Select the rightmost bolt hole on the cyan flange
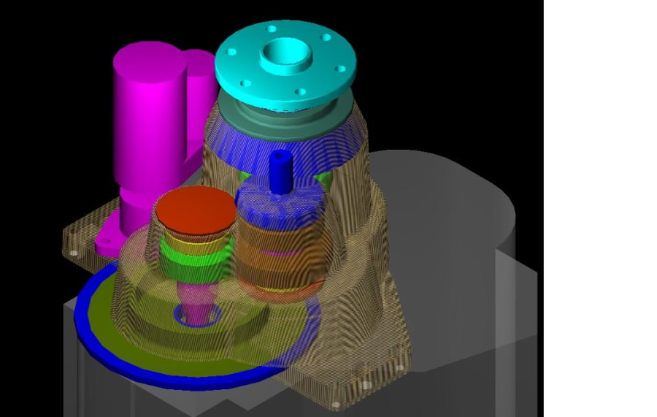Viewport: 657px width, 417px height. tap(340, 69)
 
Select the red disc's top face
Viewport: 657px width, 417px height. tap(195, 209)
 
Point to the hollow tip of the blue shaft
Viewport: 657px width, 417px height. tap(280, 154)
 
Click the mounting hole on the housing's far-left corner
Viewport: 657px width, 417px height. tap(73, 253)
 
